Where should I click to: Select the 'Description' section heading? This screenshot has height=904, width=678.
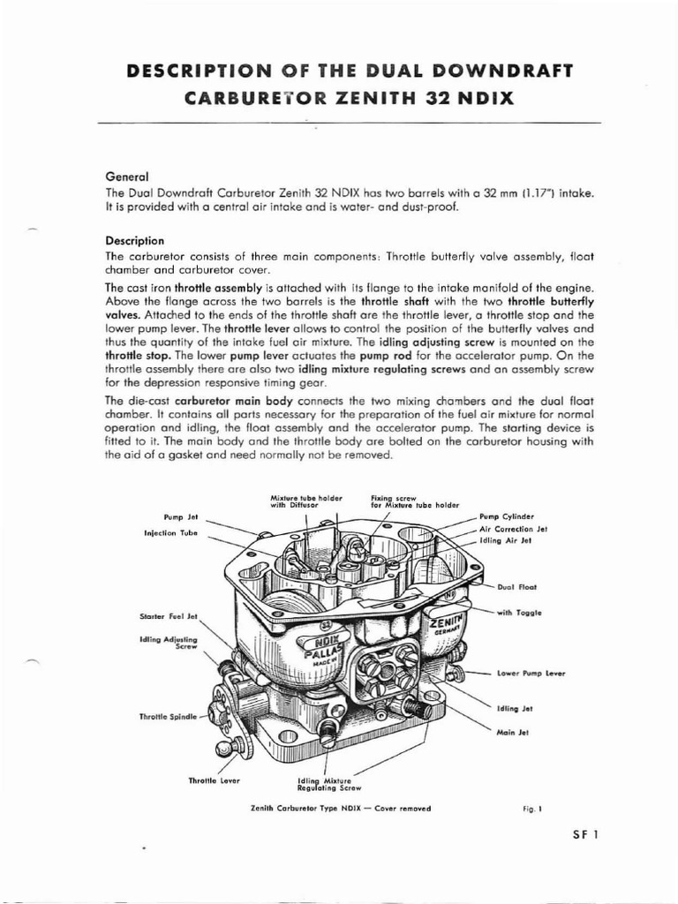point(134,239)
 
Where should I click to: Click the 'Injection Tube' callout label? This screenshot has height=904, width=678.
point(170,533)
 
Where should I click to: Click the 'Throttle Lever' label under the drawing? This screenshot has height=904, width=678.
point(215,780)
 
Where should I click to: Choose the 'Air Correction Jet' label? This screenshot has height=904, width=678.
point(514,528)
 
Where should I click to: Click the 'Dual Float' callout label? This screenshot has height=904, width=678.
point(516,585)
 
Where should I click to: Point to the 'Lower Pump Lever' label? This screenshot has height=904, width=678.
point(531,674)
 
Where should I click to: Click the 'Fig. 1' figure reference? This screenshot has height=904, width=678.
point(534,807)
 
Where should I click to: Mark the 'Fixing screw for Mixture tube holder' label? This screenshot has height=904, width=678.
point(414,501)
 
